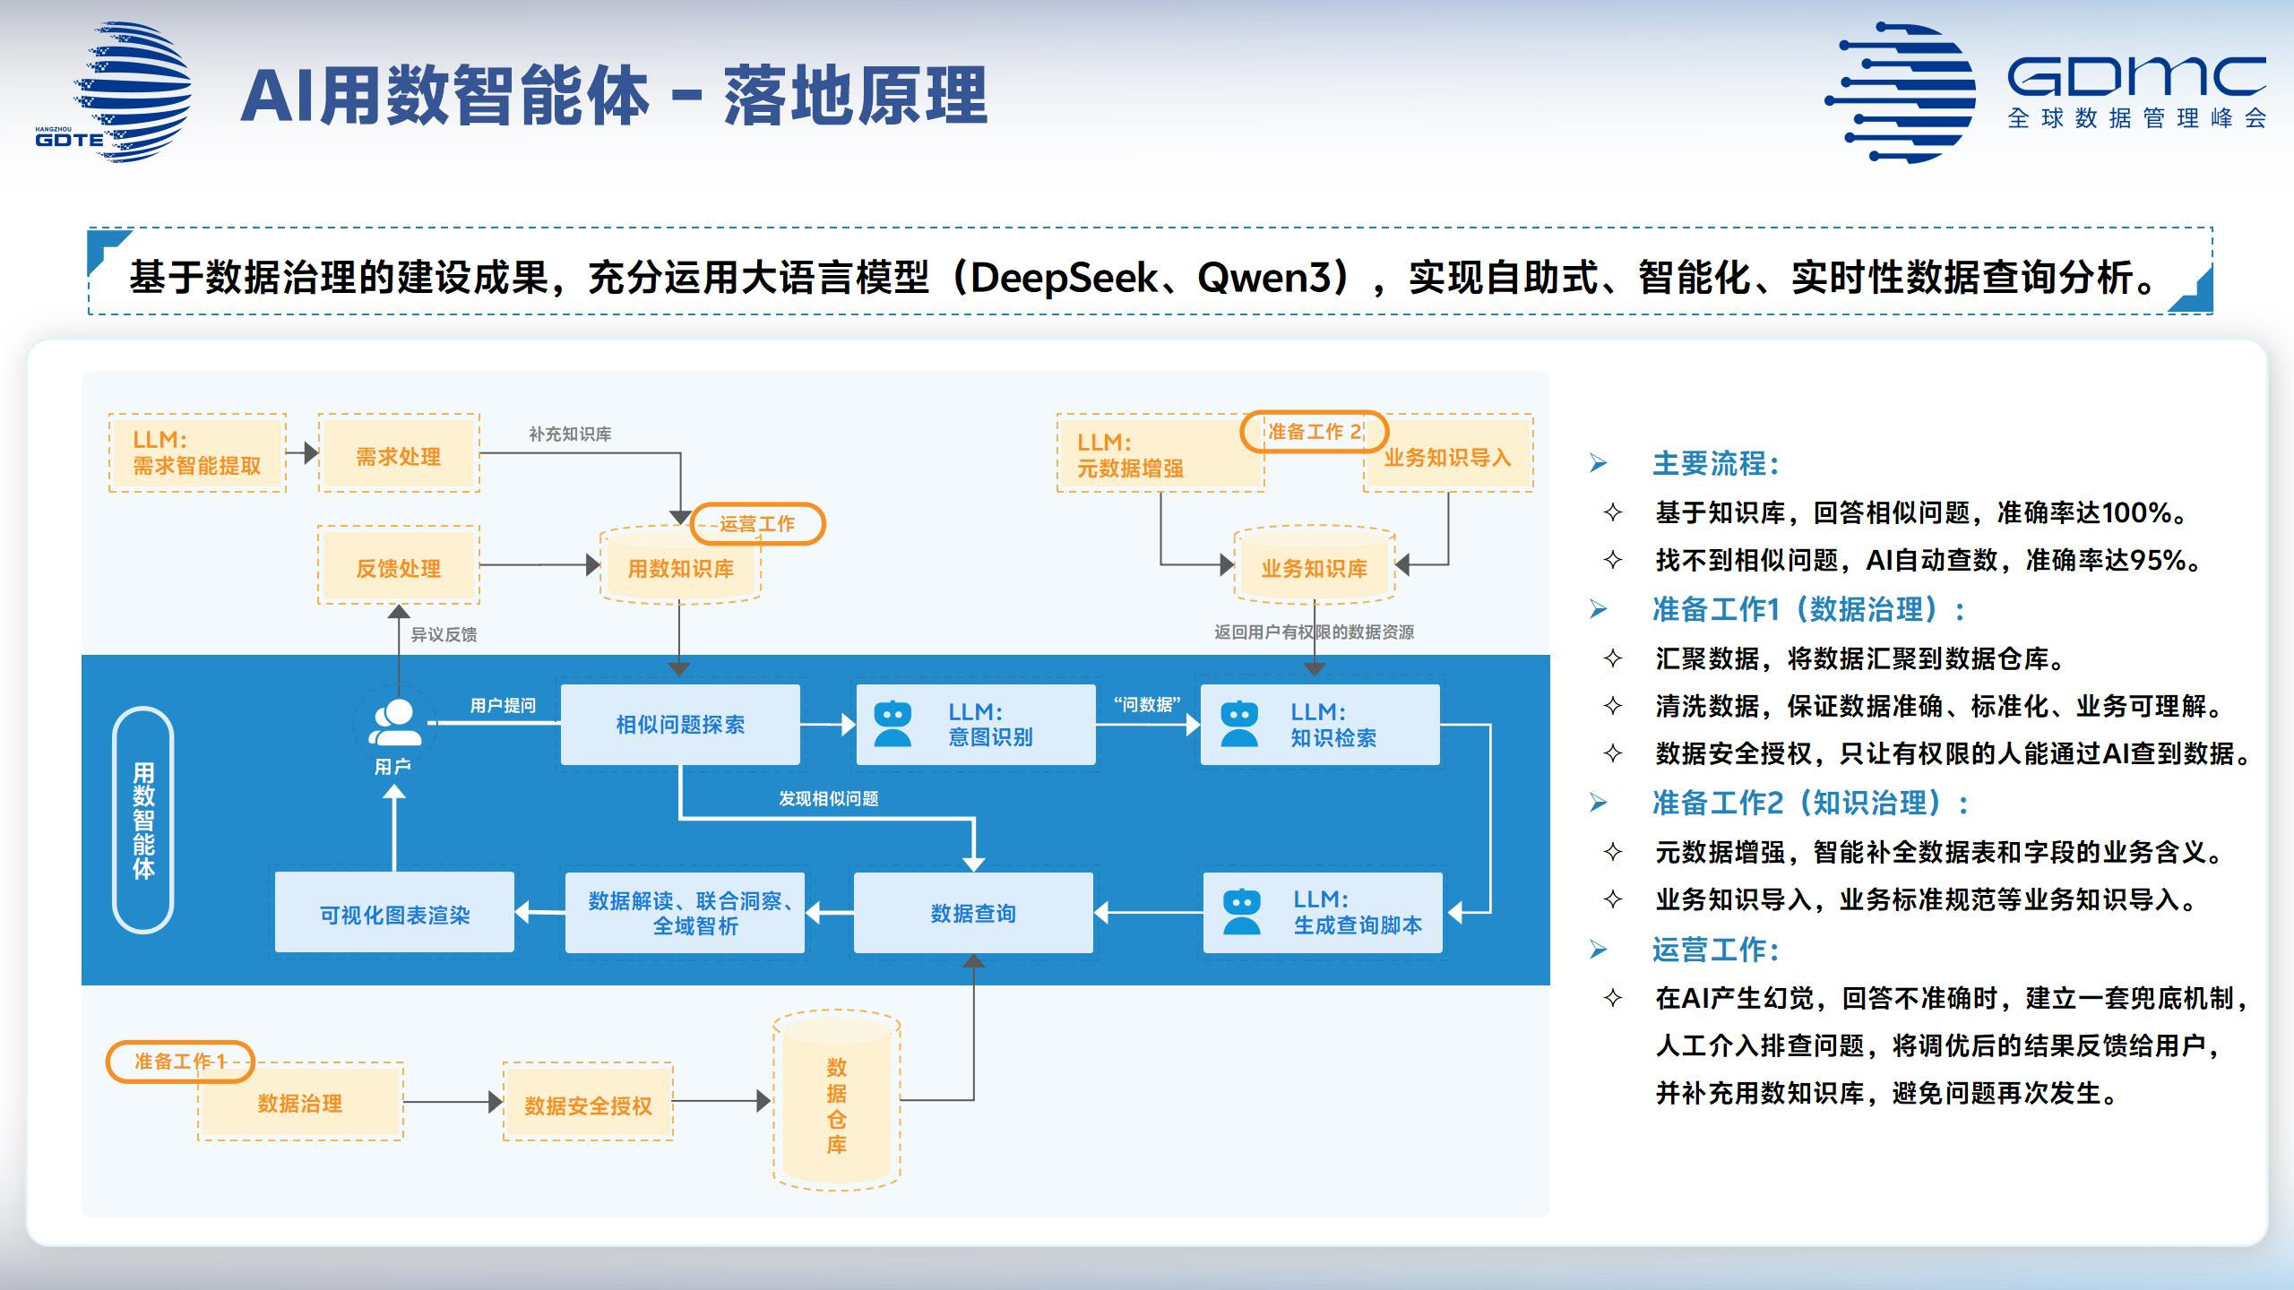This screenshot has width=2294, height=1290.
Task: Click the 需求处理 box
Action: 399,454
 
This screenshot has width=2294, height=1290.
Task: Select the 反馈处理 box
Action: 399,566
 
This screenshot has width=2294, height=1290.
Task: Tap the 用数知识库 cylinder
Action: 680,567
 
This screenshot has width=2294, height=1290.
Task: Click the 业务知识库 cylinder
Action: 1314,567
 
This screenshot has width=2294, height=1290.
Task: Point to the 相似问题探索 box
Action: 680,724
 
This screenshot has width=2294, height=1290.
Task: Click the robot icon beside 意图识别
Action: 893,724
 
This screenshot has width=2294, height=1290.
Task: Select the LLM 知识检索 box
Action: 1320,724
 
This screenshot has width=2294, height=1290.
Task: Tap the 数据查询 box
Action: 973,912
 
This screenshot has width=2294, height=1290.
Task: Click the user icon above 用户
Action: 394,722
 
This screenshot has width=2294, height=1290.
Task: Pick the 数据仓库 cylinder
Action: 836,1101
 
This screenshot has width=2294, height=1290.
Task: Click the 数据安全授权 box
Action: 588,1103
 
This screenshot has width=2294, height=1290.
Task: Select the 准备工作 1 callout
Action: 180,1061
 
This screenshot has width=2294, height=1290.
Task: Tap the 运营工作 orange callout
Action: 757,524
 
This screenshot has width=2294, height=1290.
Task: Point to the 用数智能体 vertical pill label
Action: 143,819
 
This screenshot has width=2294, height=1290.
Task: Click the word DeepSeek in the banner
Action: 1064,277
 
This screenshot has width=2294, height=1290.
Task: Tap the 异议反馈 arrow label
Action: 444,634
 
